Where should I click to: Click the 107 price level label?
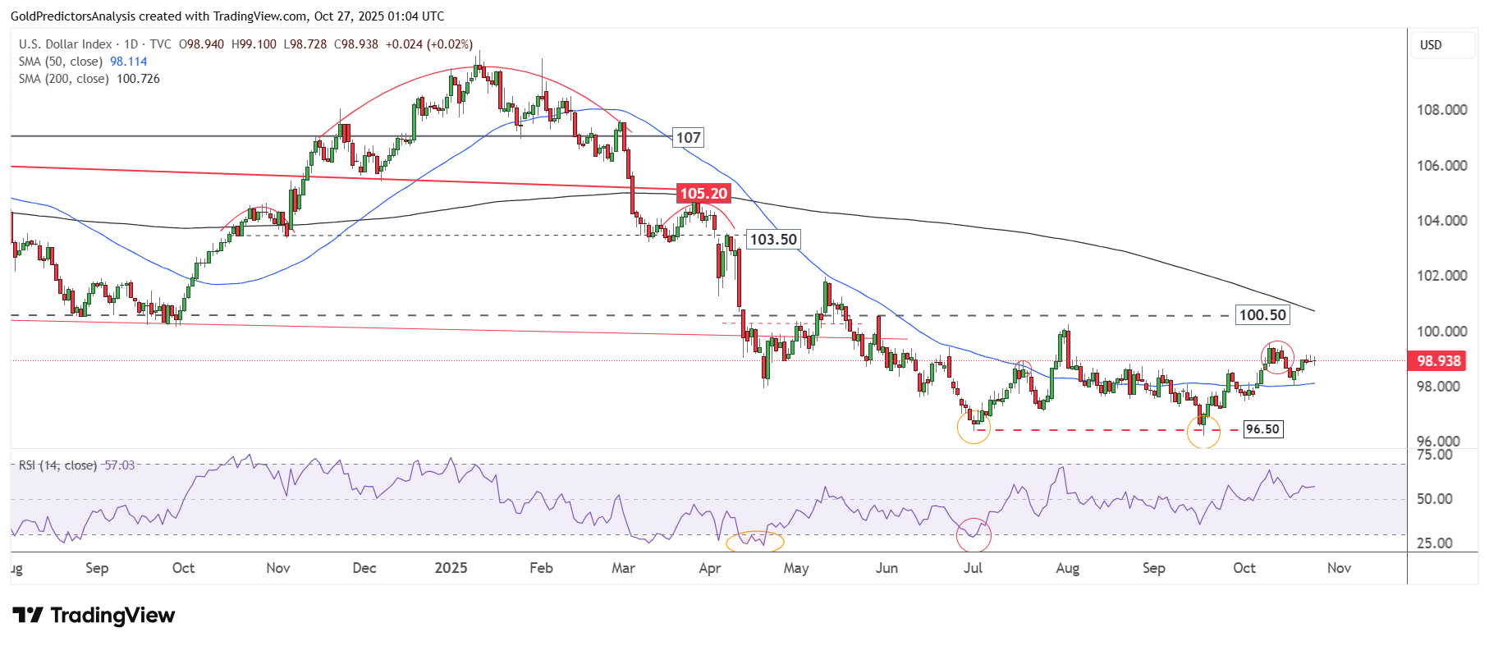[x=688, y=138]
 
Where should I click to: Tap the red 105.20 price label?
[x=703, y=194]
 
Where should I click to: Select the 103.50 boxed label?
[x=773, y=240]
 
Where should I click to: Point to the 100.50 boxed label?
[x=1262, y=315]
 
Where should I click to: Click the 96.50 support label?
[x=1262, y=429]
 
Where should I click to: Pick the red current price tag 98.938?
[x=1438, y=361]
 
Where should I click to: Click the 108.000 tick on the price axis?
[x=1441, y=110]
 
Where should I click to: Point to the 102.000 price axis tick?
[x=1441, y=276]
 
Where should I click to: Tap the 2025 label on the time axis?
[x=451, y=568]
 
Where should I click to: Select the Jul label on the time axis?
[x=973, y=568]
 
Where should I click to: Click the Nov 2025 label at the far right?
[x=1339, y=568]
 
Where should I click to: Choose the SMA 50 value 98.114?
[x=129, y=62]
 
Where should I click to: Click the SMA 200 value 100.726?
[x=138, y=79]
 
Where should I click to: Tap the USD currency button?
[x=1431, y=45]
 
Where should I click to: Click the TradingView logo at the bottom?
[x=94, y=616]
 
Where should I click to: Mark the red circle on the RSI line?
[x=974, y=535]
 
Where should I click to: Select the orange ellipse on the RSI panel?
[x=755, y=541]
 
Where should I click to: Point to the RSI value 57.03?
[x=120, y=465]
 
